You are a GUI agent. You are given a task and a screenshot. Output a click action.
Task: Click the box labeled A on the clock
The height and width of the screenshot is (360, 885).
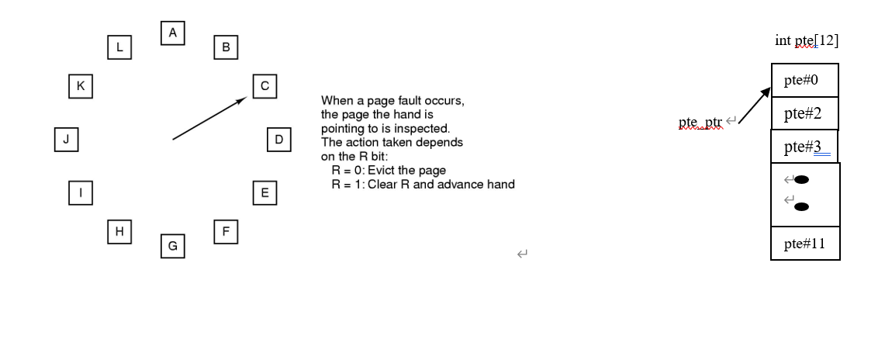coord(173,33)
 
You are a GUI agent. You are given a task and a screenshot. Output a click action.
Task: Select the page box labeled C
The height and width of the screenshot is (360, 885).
coord(265,86)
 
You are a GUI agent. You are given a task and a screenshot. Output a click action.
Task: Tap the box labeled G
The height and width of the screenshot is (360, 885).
coord(173,246)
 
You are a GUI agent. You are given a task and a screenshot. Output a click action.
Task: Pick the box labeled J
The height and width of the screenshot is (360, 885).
coord(66,140)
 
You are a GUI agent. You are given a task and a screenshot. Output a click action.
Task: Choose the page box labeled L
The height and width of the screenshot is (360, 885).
coord(119,47)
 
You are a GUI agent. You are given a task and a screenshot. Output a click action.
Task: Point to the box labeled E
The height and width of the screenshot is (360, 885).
coord(264,192)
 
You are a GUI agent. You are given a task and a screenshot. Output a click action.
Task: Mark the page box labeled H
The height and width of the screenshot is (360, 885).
coord(119,231)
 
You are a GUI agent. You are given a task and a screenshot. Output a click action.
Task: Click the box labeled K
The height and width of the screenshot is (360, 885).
coord(80,86)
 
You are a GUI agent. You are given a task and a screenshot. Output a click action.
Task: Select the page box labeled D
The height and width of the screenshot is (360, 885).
coord(278,140)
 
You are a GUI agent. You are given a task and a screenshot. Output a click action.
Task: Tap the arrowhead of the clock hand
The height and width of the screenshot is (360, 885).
coord(242,100)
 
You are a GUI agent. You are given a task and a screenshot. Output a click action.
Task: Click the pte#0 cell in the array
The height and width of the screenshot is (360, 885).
coord(804,80)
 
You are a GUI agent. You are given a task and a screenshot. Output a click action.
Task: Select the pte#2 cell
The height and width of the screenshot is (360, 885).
coord(804,113)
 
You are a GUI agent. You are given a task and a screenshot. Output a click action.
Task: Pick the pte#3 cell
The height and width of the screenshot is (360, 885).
coord(804,147)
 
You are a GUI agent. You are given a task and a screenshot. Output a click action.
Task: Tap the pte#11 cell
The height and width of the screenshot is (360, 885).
coord(804,244)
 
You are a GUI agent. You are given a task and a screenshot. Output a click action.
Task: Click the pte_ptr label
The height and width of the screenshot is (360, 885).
coord(700,123)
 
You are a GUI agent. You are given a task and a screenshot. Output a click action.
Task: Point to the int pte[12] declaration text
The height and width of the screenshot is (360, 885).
coord(806,40)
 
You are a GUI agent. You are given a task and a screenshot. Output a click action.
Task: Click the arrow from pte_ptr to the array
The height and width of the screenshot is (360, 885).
coord(755,106)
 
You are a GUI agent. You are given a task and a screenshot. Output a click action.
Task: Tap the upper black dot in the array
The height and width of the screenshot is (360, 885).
coord(802,180)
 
